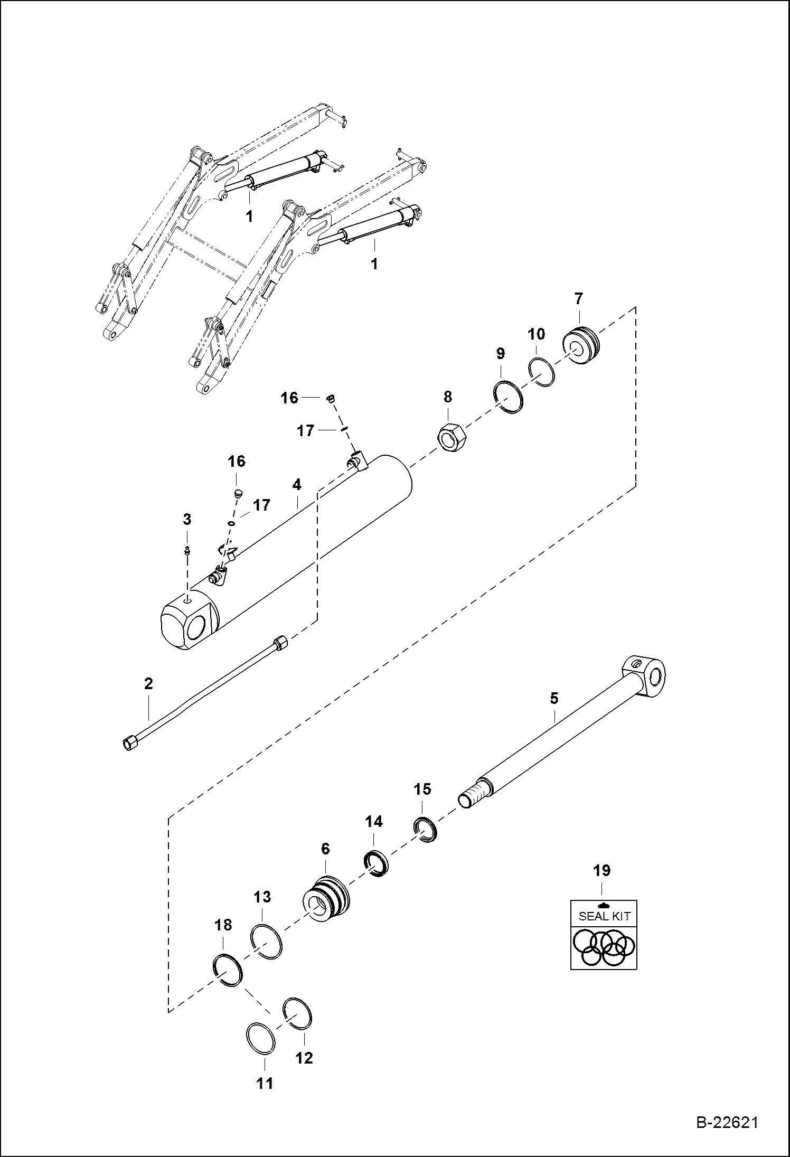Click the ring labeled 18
click(x=228, y=971)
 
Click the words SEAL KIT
click(x=604, y=916)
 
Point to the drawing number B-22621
click(x=727, y=1137)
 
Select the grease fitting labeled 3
click(x=187, y=551)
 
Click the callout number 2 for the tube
click(x=148, y=684)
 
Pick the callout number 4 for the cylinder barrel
click(x=297, y=484)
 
